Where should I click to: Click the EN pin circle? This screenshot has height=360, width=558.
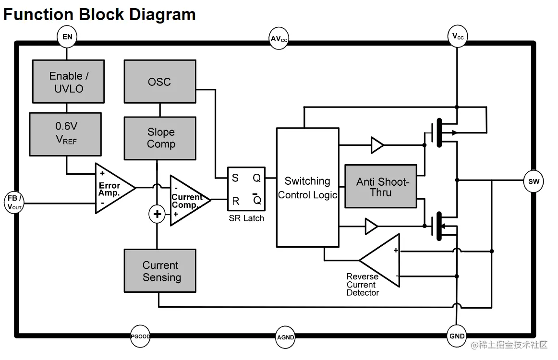tap(67, 36)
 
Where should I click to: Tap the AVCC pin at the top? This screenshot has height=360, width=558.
tap(279, 39)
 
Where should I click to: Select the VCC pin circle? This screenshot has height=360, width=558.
tap(458, 36)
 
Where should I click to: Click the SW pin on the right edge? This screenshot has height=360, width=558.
tap(534, 181)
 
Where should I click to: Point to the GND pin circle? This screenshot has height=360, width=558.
tap(457, 336)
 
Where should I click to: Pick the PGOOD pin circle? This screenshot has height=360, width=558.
tap(140, 336)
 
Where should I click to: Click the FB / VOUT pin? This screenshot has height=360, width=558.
tap(14, 202)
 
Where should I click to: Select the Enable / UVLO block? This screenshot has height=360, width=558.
tap(68, 82)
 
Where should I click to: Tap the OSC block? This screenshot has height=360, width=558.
tap(160, 82)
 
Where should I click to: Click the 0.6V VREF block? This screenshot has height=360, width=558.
tap(65, 134)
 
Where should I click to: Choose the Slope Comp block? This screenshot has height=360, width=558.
tap(160, 138)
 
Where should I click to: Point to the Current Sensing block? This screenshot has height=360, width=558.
tap(160, 271)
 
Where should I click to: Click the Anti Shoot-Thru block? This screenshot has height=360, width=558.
tap(380, 187)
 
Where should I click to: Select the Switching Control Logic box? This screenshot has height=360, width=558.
tap(307, 187)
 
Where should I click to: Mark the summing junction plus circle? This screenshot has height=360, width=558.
tap(157, 214)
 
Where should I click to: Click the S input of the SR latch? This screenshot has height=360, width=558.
tap(235, 178)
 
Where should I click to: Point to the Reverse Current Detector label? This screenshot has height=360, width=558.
tap(363, 285)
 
